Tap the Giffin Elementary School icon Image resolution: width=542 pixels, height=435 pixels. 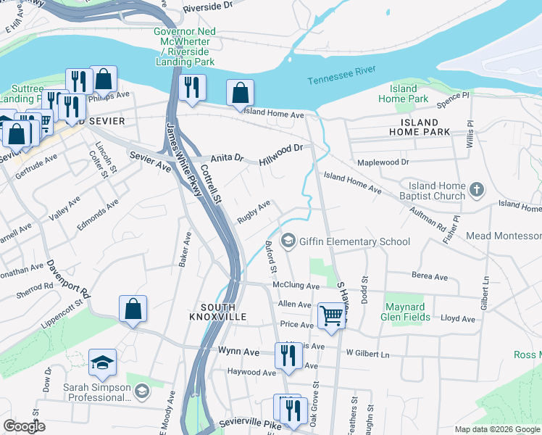288,241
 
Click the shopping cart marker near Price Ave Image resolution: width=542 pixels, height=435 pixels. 331,315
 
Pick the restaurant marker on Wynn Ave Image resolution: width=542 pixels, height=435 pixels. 288,355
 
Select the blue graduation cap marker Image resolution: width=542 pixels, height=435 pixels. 103,362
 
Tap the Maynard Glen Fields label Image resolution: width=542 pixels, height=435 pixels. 408,311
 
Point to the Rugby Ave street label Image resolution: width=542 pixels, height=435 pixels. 254,212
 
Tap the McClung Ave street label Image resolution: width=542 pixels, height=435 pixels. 296,286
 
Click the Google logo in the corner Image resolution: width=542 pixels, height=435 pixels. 24,426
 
